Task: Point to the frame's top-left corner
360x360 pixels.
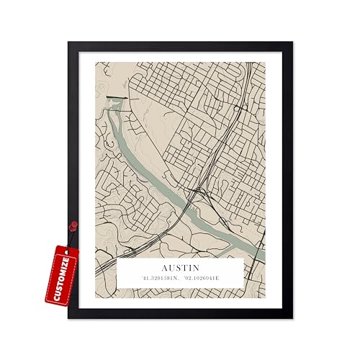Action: click(x=70, y=43)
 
